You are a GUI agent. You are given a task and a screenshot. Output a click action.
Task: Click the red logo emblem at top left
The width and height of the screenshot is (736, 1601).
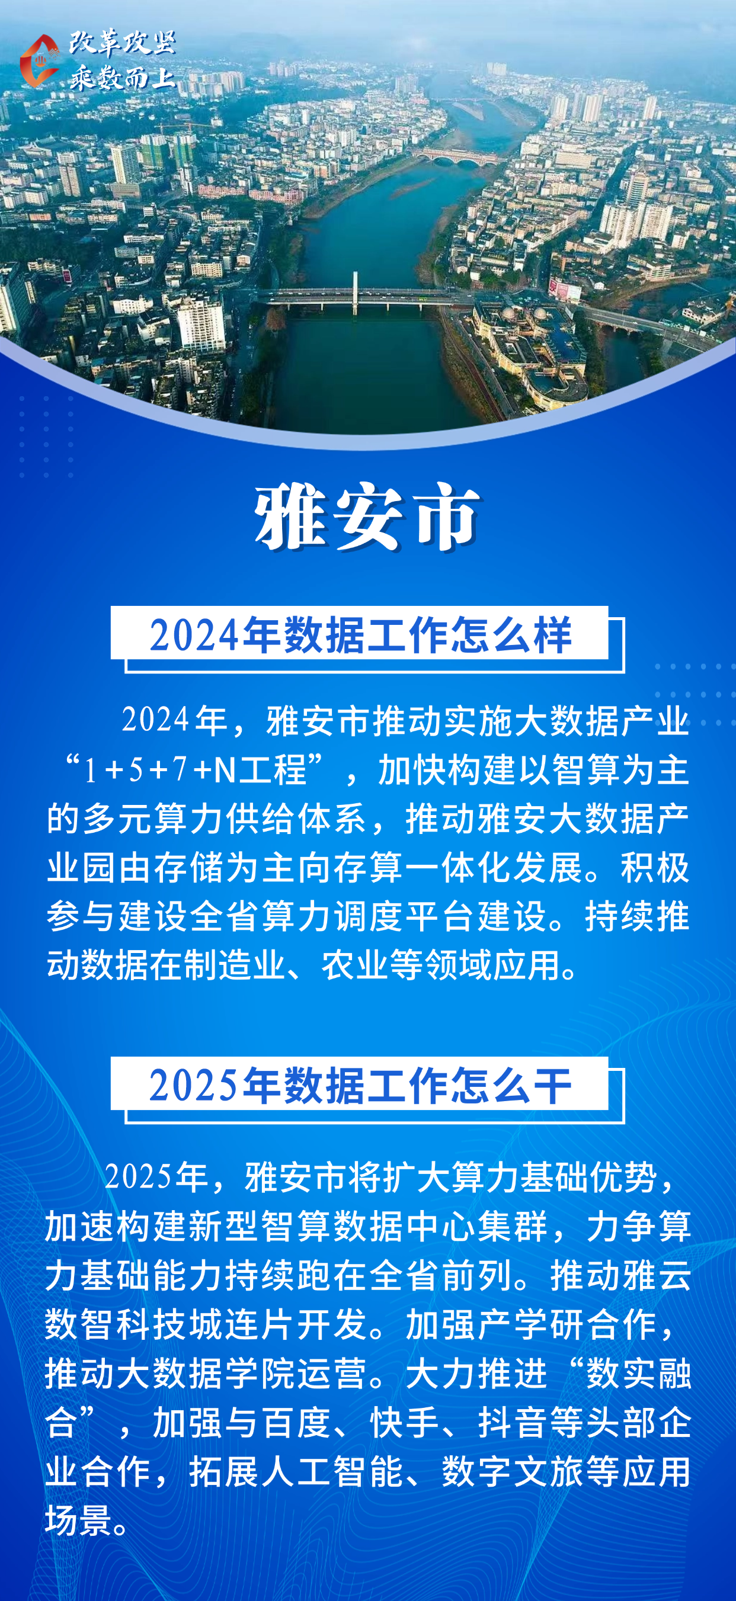(39, 60)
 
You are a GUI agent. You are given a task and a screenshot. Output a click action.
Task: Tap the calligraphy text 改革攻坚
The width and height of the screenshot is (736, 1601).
(123, 43)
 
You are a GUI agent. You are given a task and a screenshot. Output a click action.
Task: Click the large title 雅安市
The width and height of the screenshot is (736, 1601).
(367, 517)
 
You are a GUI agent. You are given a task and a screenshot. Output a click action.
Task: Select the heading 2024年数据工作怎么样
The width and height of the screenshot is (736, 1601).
(360, 634)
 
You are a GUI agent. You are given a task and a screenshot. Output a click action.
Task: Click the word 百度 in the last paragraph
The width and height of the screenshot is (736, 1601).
(296, 1422)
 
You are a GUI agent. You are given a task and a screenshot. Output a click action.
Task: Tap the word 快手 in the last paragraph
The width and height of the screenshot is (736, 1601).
(405, 1422)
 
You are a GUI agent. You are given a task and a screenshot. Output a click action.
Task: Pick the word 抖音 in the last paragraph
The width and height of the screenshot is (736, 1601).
(513, 1422)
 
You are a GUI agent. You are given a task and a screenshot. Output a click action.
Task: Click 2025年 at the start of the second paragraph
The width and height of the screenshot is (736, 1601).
(156, 1176)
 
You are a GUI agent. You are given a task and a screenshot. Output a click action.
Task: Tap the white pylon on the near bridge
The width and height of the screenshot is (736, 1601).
(356, 292)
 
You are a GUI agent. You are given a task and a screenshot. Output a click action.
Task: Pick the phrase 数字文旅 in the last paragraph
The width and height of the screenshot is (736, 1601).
(513, 1471)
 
